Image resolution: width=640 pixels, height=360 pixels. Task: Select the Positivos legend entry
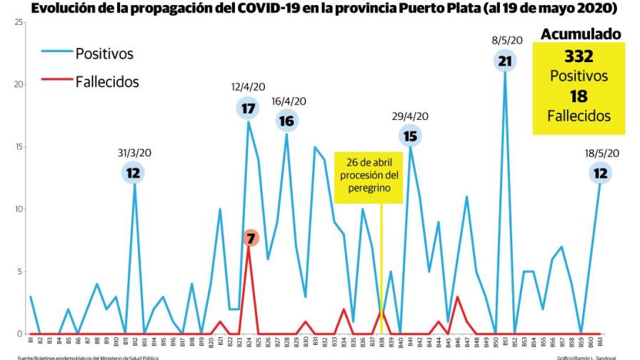104,54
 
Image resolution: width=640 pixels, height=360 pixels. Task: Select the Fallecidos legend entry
106,81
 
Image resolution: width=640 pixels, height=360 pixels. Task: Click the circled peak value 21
505,61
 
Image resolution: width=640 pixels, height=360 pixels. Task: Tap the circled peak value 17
248,109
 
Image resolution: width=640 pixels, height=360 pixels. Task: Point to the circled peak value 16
286,121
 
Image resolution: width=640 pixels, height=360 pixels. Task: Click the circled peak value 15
410,135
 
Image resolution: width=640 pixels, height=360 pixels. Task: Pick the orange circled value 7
249,238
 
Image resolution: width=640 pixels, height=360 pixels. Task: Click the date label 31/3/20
134,153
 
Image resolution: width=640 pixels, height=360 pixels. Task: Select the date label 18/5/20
601,153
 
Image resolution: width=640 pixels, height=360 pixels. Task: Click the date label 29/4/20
410,116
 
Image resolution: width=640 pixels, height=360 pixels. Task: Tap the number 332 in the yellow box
579,56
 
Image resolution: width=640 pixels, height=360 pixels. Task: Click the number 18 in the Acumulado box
579,96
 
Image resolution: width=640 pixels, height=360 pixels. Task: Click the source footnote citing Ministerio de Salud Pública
79,356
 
